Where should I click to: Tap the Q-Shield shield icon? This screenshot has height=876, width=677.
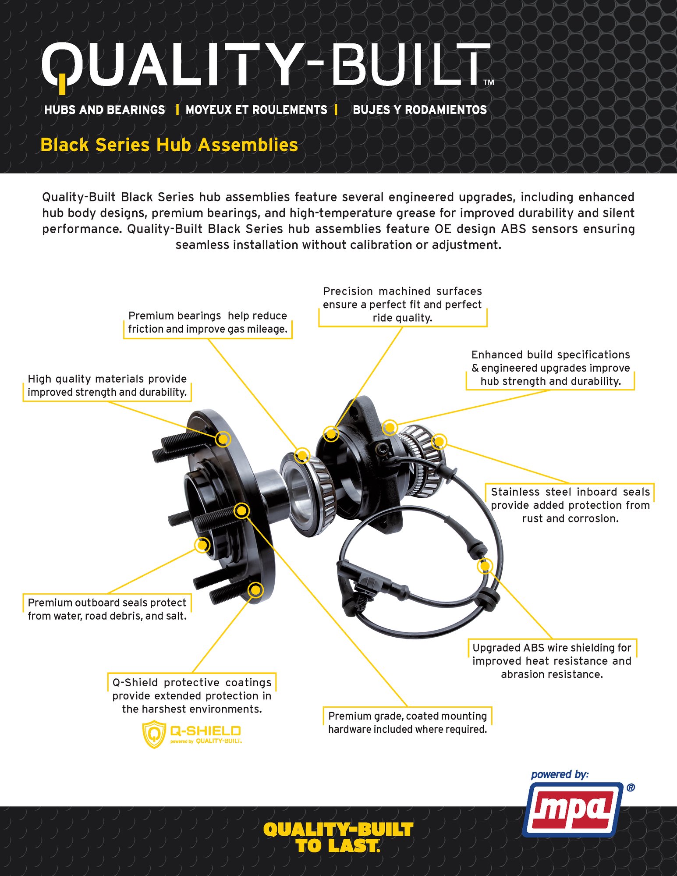click(154, 734)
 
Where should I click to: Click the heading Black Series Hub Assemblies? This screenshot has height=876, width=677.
click(169, 145)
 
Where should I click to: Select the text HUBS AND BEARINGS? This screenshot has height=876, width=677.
click(104, 110)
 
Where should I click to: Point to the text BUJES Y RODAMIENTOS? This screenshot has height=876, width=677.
click(419, 110)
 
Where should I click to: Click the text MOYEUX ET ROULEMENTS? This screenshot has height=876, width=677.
click(256, 110)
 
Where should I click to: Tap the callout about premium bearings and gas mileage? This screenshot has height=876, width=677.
click(208, 323)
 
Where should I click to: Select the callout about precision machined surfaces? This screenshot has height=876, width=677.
click(402, 305)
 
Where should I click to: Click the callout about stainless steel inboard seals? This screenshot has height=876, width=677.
click(570, 505)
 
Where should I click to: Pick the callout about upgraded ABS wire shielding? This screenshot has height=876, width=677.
click(552, 661)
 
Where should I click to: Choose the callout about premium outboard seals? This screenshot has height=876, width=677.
click(107, 609)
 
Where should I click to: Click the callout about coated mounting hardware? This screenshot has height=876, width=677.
click(408, 723)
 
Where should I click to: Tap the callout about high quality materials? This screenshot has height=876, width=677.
click(107, 386)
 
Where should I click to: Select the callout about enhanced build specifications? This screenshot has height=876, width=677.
click(550, 368)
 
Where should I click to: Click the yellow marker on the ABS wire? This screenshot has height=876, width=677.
click(485, 566)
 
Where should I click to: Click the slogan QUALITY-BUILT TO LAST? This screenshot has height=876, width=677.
click(338, 837)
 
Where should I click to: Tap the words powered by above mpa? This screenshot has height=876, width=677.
click(560, 775)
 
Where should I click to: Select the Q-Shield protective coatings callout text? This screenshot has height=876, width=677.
click(192, 695)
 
